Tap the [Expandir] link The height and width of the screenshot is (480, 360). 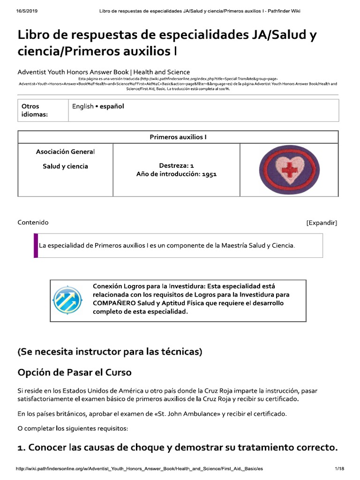(x=322, y=223)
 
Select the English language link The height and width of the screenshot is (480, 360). (x=82, y=106)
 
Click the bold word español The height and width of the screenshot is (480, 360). (x=111, y=106)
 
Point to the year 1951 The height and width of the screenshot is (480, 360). (x=209, y=174)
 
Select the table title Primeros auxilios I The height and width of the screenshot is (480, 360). (x=178, y=137)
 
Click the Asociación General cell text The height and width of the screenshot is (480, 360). (x=65, y=152)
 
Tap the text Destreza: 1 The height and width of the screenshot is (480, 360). (x=176, y=165)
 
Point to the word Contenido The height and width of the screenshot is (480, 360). (x=33, y=223)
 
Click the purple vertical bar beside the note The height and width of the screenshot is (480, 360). (x=36, y=245)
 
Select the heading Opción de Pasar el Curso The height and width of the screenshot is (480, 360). (x=75, y=373)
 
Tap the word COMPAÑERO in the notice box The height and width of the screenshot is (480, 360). (x=112, y=303)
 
